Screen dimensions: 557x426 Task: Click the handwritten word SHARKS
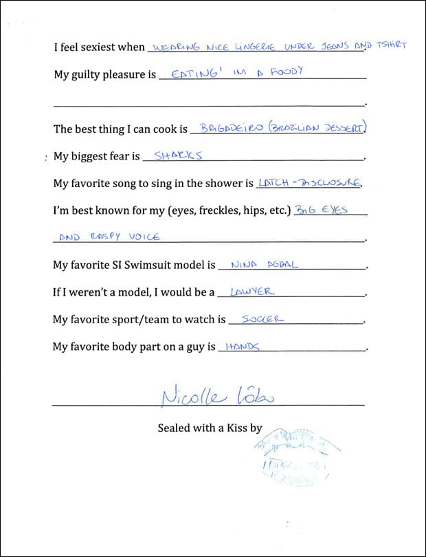tap(178, 155)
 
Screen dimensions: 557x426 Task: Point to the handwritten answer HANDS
tap(242, 347)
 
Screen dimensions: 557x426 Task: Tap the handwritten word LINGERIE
tap(241, 47)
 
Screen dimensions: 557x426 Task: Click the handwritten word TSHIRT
tap(390, 45)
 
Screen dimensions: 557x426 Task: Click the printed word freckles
tap(223, 210)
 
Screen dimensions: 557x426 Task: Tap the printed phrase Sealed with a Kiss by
tap(210, 428)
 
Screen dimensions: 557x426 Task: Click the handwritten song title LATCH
tap(272, 183)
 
